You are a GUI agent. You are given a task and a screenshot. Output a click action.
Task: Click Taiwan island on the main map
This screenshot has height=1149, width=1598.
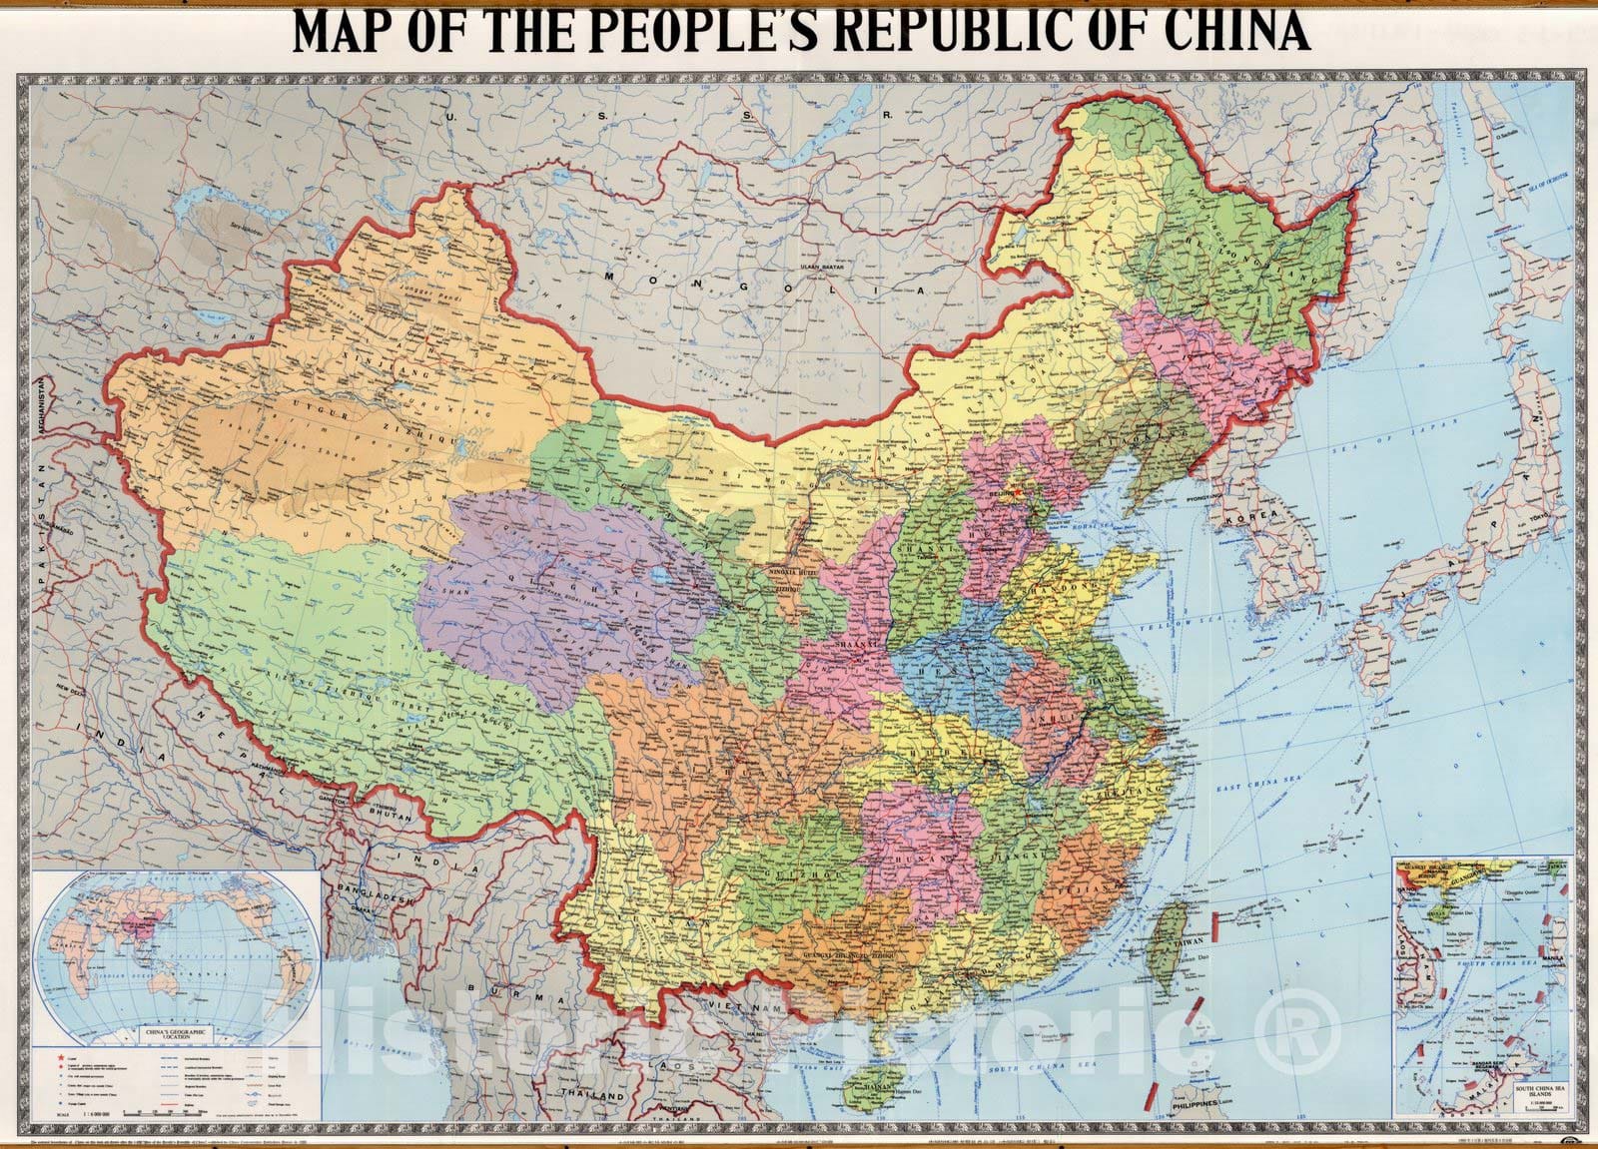coord(1166,938)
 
